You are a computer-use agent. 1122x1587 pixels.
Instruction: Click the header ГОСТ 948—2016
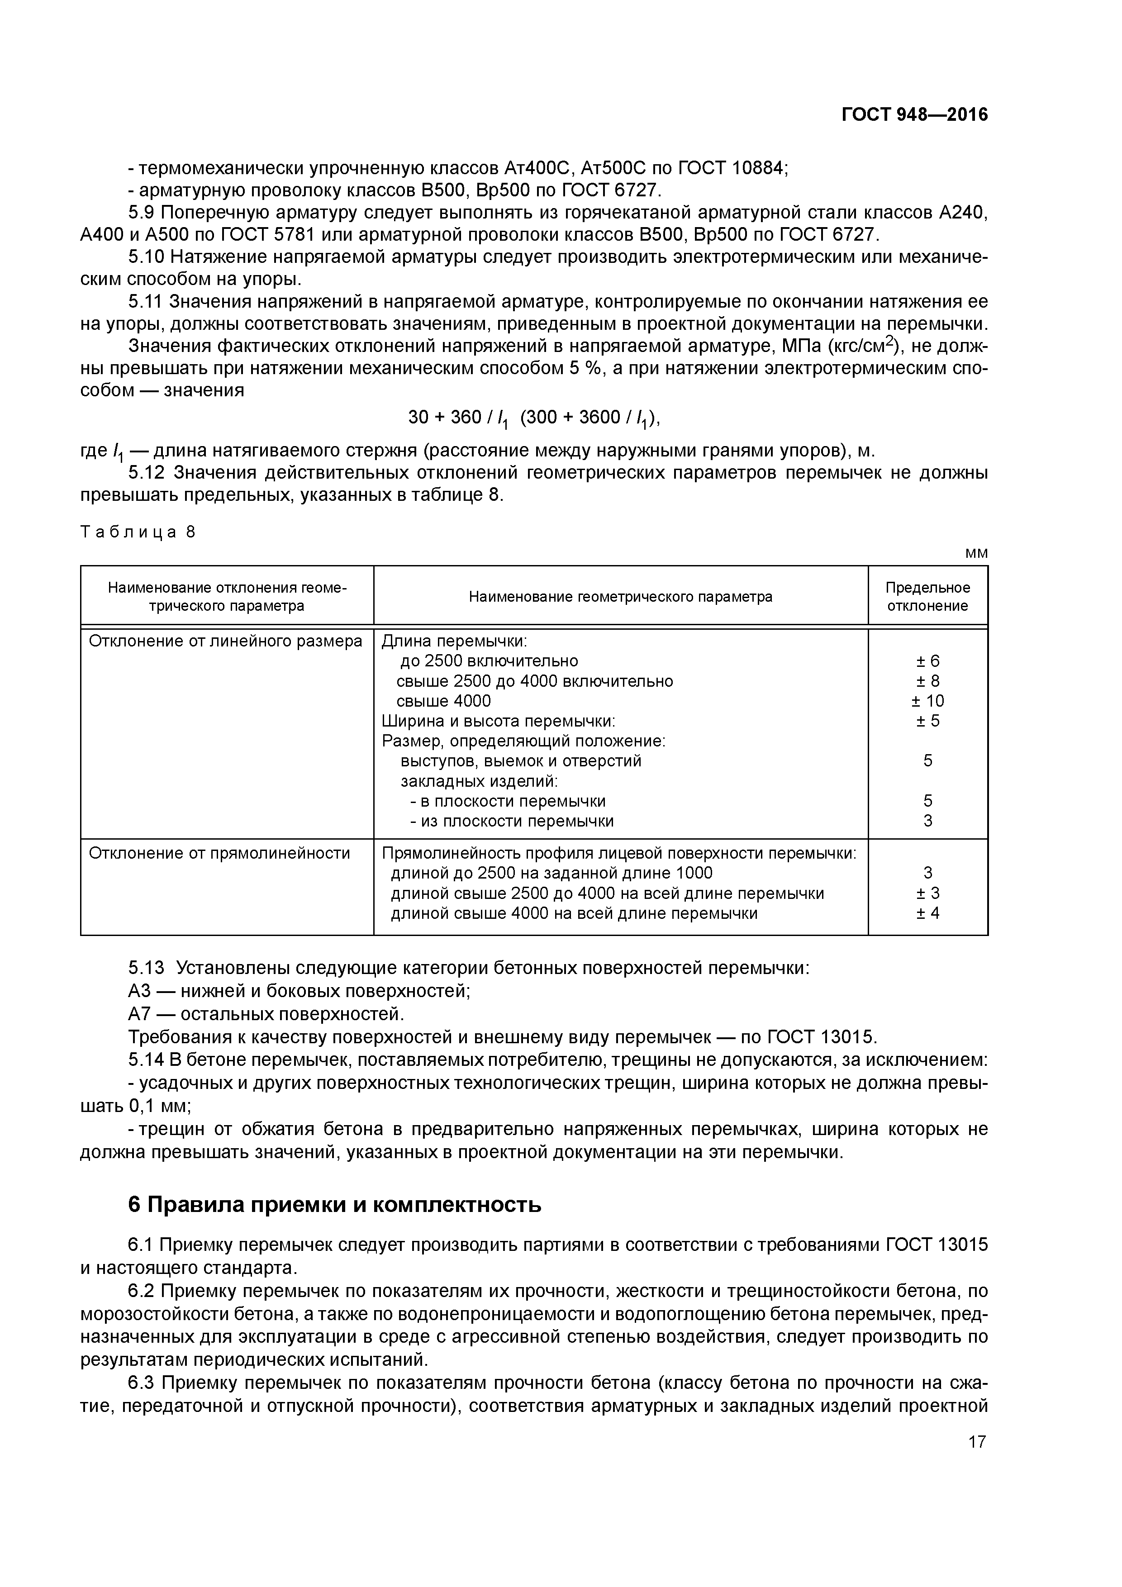pos(914,115)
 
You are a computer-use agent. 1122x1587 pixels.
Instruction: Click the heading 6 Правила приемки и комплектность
pos(335,1205)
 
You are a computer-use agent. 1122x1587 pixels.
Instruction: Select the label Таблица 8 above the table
pos(138,532)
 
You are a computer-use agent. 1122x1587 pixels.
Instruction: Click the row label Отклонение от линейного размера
pos(225,641)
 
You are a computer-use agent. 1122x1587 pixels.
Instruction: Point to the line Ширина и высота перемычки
pos(498,721)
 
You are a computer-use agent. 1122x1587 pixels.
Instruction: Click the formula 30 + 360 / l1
pos(458,418)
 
